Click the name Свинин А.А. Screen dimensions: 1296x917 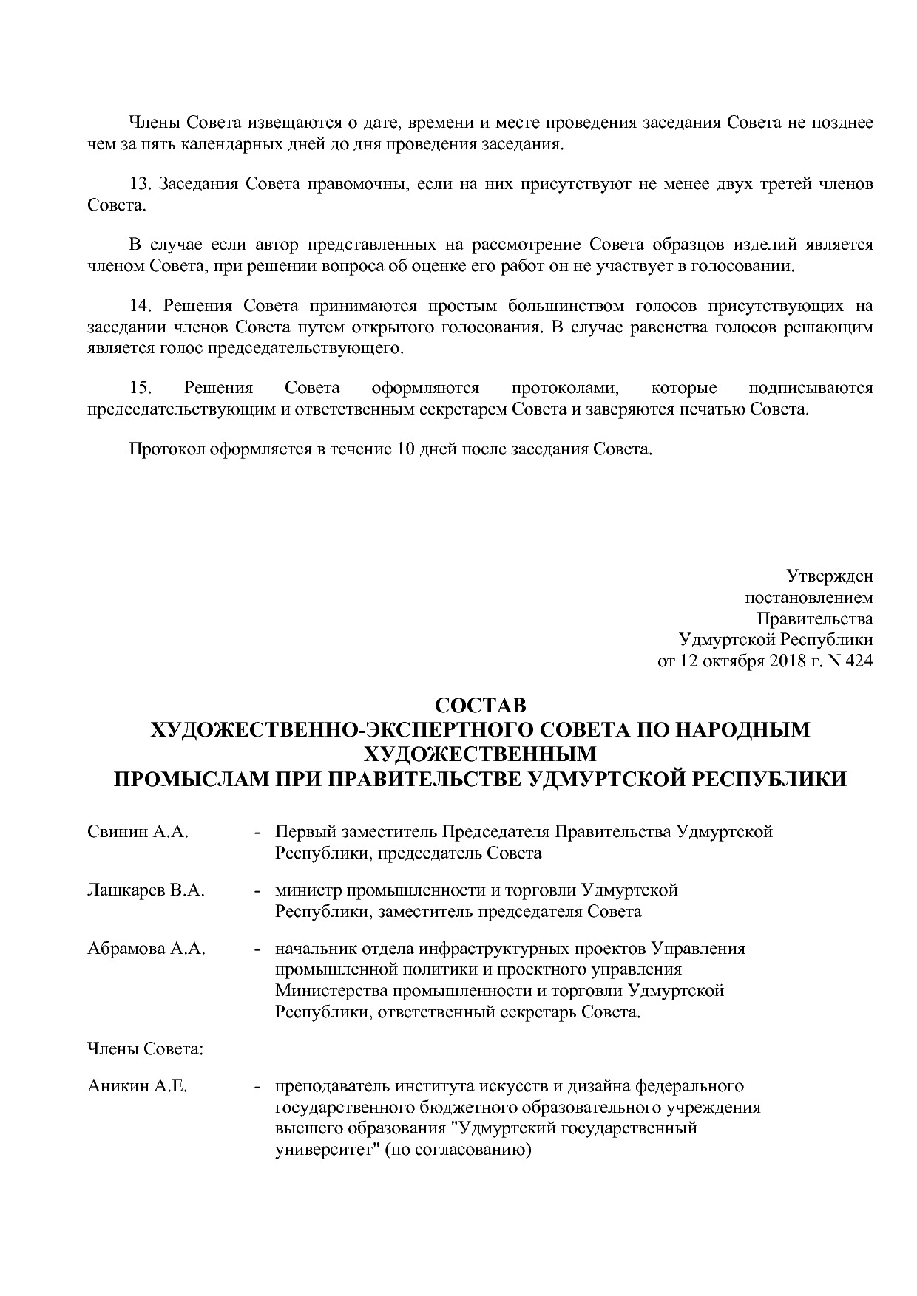click(x=138, y=832)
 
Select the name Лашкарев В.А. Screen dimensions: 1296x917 click(x=146, y=890)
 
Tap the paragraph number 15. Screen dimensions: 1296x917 click(x=141, y=388)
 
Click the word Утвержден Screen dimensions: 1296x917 click(x=829, y=576)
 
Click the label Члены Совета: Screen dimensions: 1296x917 click(x=145, y=1048)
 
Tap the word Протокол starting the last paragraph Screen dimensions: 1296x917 click(x=166, y=449)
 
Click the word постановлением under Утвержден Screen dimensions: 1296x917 click(x=808, y=597)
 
